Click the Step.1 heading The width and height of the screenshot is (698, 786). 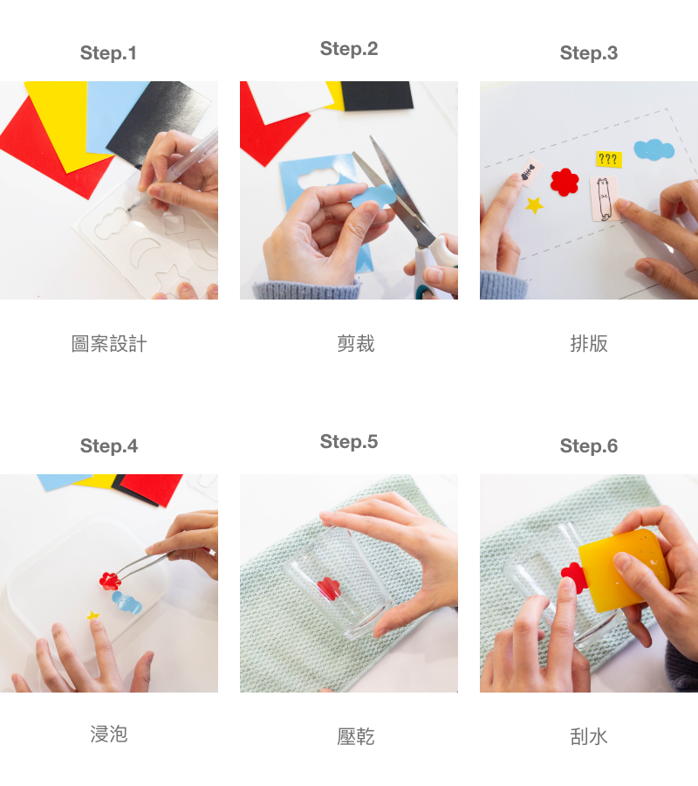click(108, 53)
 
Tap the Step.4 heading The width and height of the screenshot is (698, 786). click(109, 446)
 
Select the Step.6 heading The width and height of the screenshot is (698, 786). click(589, 446)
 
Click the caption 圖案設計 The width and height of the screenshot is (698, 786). click(109, 344)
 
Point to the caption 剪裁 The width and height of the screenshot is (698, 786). click(355, 344)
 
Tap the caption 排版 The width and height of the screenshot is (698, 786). click(589, 344)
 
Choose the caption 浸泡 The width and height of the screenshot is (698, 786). click(109, 734)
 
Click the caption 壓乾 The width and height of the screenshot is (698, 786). click(355, 737)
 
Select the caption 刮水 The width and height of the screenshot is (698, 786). click(589, 737)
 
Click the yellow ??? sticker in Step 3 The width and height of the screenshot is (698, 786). click(608, 160)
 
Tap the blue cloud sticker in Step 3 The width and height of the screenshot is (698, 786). click(654, 149)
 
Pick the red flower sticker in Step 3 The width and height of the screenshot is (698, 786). click(565, 182)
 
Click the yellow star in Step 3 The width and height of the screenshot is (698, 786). click(534, 204)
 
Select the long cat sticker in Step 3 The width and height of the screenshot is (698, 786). click(604, 198)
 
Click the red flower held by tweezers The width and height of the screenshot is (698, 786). click(110, 581)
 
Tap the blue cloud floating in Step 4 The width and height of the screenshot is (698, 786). click(127, 603)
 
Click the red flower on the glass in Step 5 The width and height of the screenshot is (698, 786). click(329, 589)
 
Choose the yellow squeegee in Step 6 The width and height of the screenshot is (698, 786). click(624, 570)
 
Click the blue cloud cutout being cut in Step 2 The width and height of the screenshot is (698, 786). click(373, 196)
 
